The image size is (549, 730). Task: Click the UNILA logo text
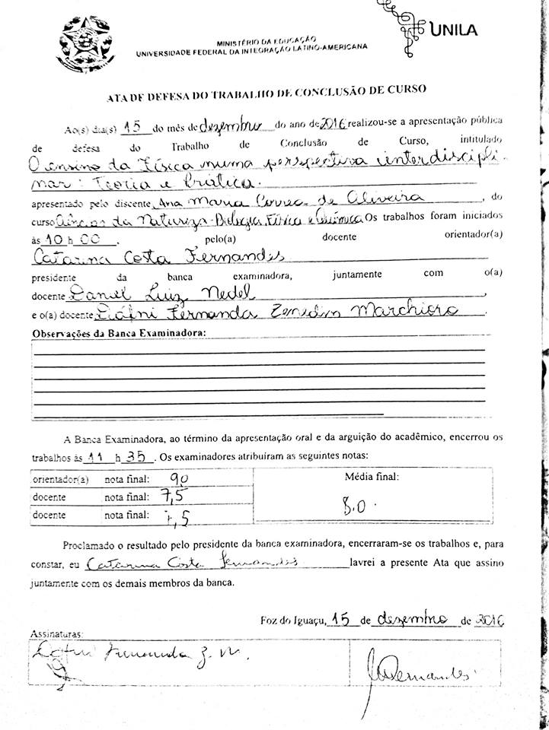coord(455,30)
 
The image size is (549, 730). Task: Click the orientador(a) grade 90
coord(180,480)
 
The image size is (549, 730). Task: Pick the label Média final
coord(372,478)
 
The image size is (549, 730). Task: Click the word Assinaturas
coord(57,633)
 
